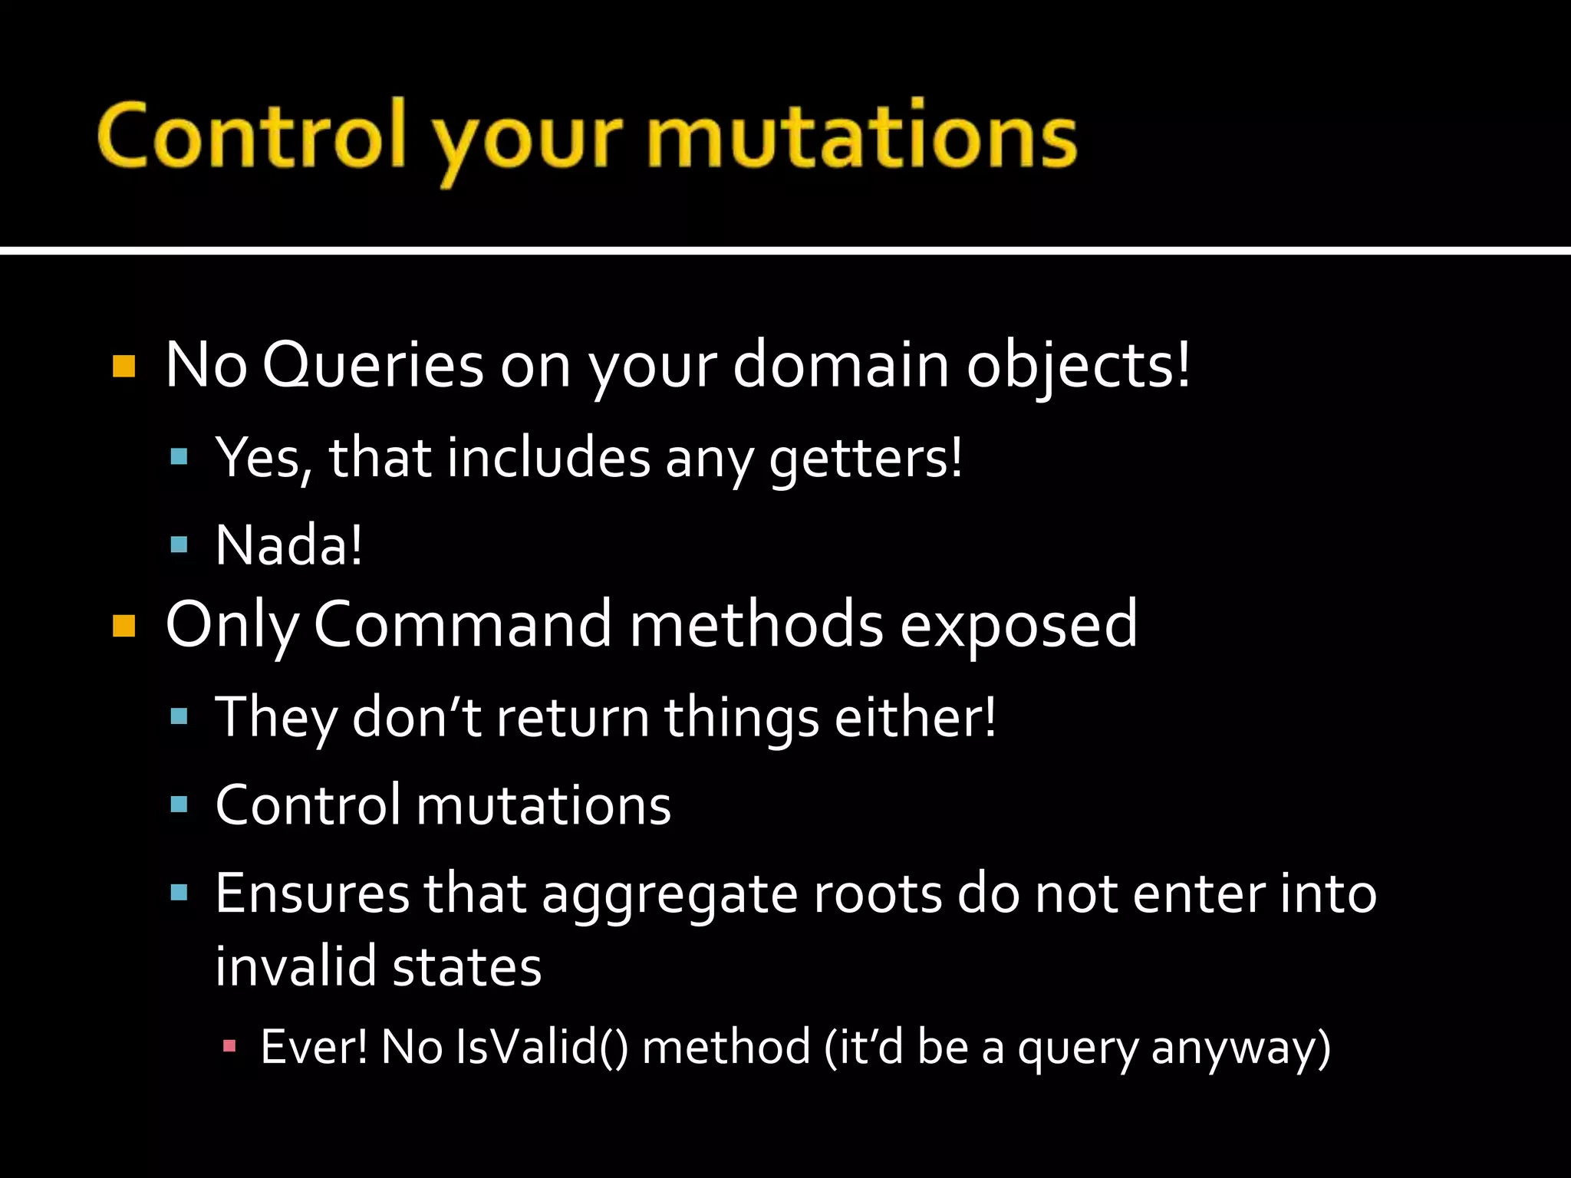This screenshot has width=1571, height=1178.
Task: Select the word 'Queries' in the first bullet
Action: click(x=373, y=365)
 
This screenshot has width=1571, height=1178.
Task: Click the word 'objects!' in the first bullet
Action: click(x=1079, y=365)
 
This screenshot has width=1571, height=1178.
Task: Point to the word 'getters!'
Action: click(x=865, y=459)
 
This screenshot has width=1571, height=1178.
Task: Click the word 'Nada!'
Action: click(x=288, y=545)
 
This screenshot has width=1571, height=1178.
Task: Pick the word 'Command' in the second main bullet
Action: click(x=463, y=624)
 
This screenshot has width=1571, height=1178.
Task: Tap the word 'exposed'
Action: click(x=1018, y=626)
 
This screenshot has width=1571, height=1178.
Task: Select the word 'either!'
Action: click(x=915, y=717)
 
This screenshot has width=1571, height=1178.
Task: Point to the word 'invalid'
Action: click(x=296, y=966)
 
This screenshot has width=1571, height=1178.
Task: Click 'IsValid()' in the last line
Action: click(x=541, y=1047)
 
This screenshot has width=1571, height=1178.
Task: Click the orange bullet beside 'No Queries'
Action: click(x=124, y=367)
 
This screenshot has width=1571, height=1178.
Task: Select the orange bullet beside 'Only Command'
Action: click(x=124, y=626)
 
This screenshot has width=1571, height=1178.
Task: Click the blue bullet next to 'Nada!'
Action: click(x=179, y=545)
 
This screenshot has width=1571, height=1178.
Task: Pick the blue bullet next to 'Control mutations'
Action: click(x=179, y=805)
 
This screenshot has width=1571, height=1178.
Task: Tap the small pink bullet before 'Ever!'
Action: click(x=229, y=1045)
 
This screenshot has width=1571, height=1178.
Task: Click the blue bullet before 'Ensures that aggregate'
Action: click(x=179, y=892)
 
